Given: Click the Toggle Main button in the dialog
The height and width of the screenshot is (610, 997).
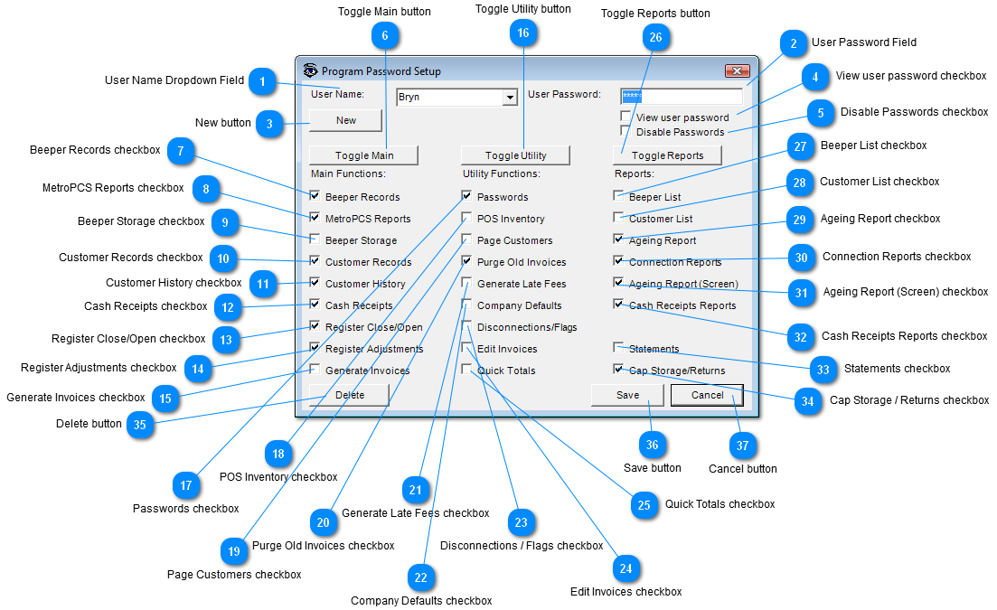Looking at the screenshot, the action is coord(363,155).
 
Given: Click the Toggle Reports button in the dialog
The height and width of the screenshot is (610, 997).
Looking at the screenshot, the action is coord(667,155).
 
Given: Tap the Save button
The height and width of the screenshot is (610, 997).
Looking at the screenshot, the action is coord(627,395).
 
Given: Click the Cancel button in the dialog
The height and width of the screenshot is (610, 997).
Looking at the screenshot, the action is coord(707,395).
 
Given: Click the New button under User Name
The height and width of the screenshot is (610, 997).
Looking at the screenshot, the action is coord(346,120).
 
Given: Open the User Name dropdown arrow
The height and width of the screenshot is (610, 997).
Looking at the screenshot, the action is coord(510,98).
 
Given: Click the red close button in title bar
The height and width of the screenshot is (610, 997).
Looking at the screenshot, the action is coord(738,70).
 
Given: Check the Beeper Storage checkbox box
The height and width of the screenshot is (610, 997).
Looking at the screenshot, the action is coord(315,239).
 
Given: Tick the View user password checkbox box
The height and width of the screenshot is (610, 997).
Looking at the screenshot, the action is coord(625,117).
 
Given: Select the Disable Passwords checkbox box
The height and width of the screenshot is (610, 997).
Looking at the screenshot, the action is coord(625,131).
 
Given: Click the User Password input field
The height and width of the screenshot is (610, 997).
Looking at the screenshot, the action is coord(681,97).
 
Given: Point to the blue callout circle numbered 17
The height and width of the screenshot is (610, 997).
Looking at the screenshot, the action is coord(185,485).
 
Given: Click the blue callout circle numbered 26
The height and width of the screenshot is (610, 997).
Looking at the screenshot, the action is coord(655,37).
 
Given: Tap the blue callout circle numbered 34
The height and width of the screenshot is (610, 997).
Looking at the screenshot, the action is coord(807,401).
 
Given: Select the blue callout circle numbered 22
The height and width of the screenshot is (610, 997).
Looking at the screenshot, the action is coord(421,577).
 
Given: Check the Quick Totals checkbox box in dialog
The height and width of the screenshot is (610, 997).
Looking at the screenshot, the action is coord(466,370).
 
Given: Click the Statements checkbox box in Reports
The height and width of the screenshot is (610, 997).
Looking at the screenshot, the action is coord(618,348).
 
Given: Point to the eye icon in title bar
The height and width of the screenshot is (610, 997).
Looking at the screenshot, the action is coord(310,70).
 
